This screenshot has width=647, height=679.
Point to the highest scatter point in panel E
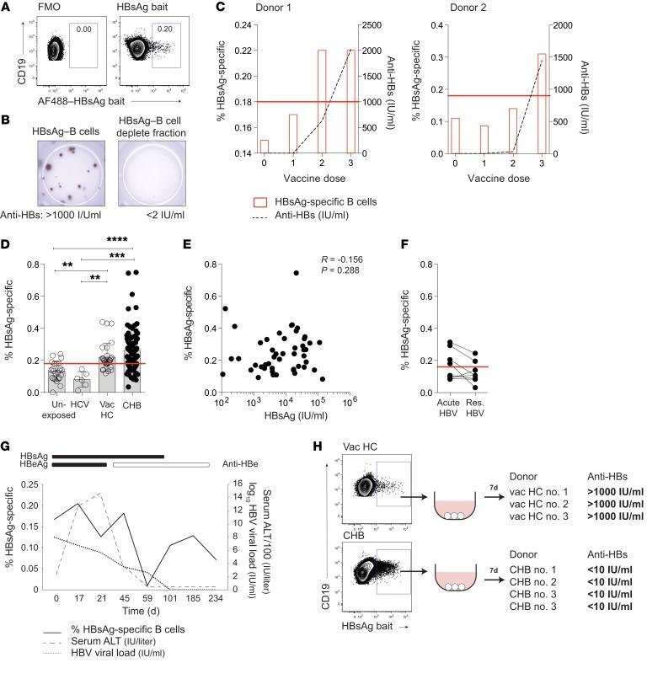pos(296,273)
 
